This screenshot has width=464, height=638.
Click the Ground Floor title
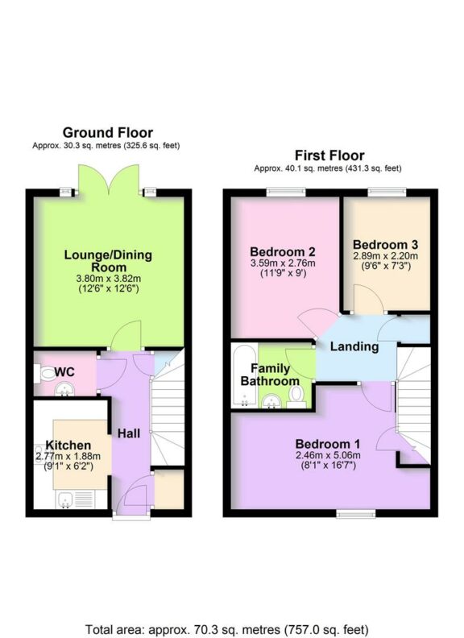coord(107,133)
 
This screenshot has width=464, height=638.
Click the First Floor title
coord(329,155)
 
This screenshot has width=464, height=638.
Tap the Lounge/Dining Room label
coord(107,261)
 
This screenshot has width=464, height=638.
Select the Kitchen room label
coord(68,445)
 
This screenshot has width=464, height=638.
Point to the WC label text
coord(65,372)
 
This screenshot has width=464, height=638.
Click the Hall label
coord(129,433)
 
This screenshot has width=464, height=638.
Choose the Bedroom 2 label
coord(282,250)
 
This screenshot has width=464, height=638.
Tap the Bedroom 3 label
coord(384,244)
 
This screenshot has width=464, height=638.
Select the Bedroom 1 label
coord(327,444)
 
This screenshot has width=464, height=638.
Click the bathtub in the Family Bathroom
coord(241,375)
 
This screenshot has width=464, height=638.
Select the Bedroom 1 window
coord(350,512)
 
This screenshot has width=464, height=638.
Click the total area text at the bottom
coord(231,607)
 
